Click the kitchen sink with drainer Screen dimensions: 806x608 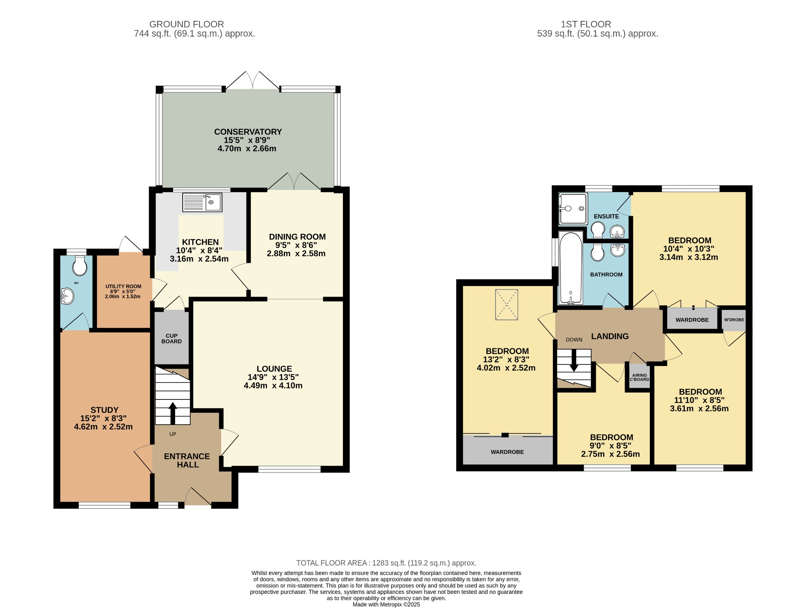click(202, 202)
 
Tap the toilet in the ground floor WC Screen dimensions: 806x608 click(80, 266)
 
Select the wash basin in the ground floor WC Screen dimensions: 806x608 click(67, 296)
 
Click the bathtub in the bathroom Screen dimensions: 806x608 click(571, 268)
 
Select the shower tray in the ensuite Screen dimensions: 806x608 click(573, 209)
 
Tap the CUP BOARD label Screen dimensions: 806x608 click(172, 338)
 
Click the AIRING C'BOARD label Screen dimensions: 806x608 click(640, 377)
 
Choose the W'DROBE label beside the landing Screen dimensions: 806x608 click(734, 320)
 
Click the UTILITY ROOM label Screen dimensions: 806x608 click(123, 286)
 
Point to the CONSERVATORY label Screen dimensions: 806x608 click(248, 132)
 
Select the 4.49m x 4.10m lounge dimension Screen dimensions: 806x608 click(273, 386)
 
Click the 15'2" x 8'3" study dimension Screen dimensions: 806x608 click(104, 418)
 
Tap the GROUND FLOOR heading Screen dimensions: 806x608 click(187, 24)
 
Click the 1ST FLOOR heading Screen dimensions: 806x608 click(586, 24)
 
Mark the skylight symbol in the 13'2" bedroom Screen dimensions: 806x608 click(507, 305)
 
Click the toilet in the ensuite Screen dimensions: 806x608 click(598, 230)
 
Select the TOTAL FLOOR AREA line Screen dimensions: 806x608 click(386, 563)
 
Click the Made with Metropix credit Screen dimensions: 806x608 click(386, 604)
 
